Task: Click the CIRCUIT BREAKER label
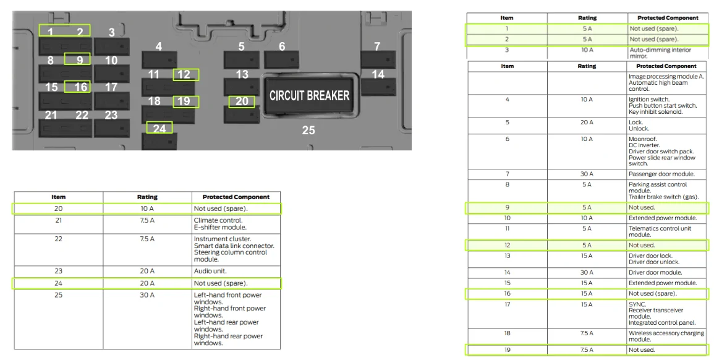[309, 96]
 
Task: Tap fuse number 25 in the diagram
[308, 131]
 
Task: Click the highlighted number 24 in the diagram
[159, 129]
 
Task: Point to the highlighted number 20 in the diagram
[242, 101]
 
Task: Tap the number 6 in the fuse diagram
[282, 46]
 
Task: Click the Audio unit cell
[210, 271]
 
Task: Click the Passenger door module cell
[661, 174]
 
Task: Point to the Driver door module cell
[655, 273]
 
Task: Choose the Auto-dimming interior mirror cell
[660, 53]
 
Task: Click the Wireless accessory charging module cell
[666, 336]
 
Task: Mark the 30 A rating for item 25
[147, 295]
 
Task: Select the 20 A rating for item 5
[587, 122]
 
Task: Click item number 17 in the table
[508, 304]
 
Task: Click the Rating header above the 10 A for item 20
[147, 197]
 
